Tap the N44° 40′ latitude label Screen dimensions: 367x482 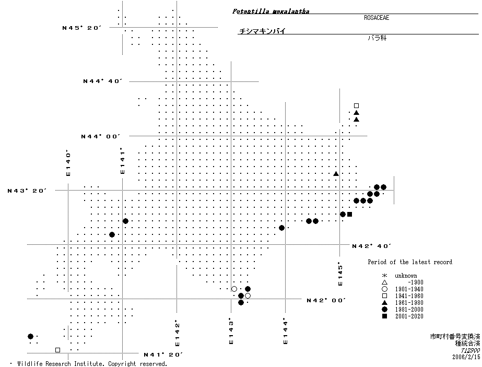[102, 81]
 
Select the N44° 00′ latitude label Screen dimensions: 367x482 [100, 136]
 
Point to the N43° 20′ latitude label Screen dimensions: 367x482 [27, 191]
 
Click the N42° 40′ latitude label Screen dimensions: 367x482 [372, 245]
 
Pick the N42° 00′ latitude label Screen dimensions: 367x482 [327, 300]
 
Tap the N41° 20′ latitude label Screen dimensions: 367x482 [163, 354]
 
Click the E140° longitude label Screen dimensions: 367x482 [68, 163]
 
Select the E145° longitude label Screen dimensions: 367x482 [340, 274]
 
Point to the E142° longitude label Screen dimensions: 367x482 [178, 334]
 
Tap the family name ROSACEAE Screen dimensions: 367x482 [377, 18]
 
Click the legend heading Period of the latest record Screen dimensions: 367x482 [410, 262]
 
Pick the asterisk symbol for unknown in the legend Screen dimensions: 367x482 [384, 276]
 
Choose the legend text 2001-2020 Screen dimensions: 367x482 [409, 316]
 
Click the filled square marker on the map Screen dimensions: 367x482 [349, 215]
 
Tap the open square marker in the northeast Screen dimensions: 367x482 [356, 105]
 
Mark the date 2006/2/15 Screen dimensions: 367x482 [466, 357]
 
